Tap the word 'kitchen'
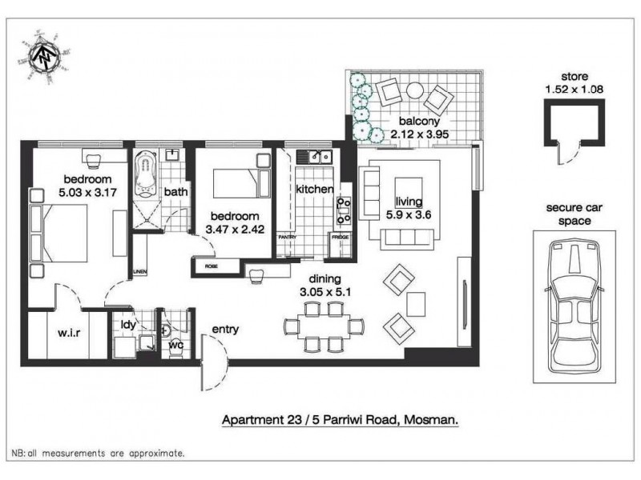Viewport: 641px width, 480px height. point(314,190)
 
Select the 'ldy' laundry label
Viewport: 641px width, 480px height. point(128,325)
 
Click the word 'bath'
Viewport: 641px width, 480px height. point(175,192)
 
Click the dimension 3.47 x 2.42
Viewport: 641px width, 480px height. point(234,230)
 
